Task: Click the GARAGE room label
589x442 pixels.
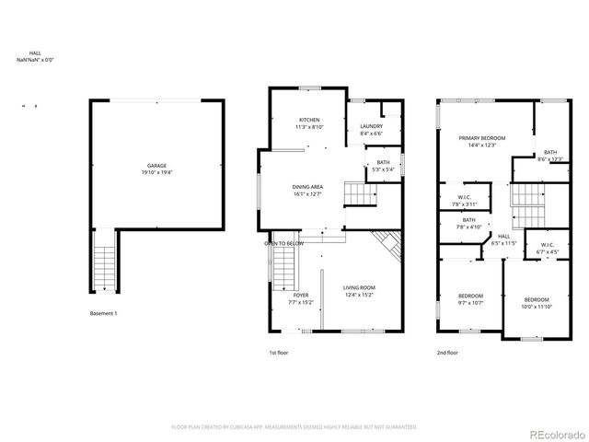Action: pos(156,166)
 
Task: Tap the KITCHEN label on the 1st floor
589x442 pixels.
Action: pos(309,121)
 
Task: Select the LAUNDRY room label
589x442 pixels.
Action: pos(371,126)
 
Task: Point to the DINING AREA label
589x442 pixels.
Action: pos(306,187)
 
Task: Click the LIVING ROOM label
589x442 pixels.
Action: pos(359,288)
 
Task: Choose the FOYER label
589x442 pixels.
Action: pos(301,295)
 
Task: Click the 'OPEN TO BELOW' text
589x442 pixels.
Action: pos(284,243)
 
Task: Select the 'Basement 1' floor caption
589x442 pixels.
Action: pos(103,314)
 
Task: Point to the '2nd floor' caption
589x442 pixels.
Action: pos(447,352)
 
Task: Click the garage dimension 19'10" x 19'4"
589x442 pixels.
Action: pos(156,172)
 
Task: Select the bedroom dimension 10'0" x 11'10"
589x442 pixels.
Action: pos(537,307)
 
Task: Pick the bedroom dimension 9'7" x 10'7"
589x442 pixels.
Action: pos(470,302)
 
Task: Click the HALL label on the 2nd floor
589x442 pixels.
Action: pos(504,236)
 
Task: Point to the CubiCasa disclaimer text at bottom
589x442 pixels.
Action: pos(294,427)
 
